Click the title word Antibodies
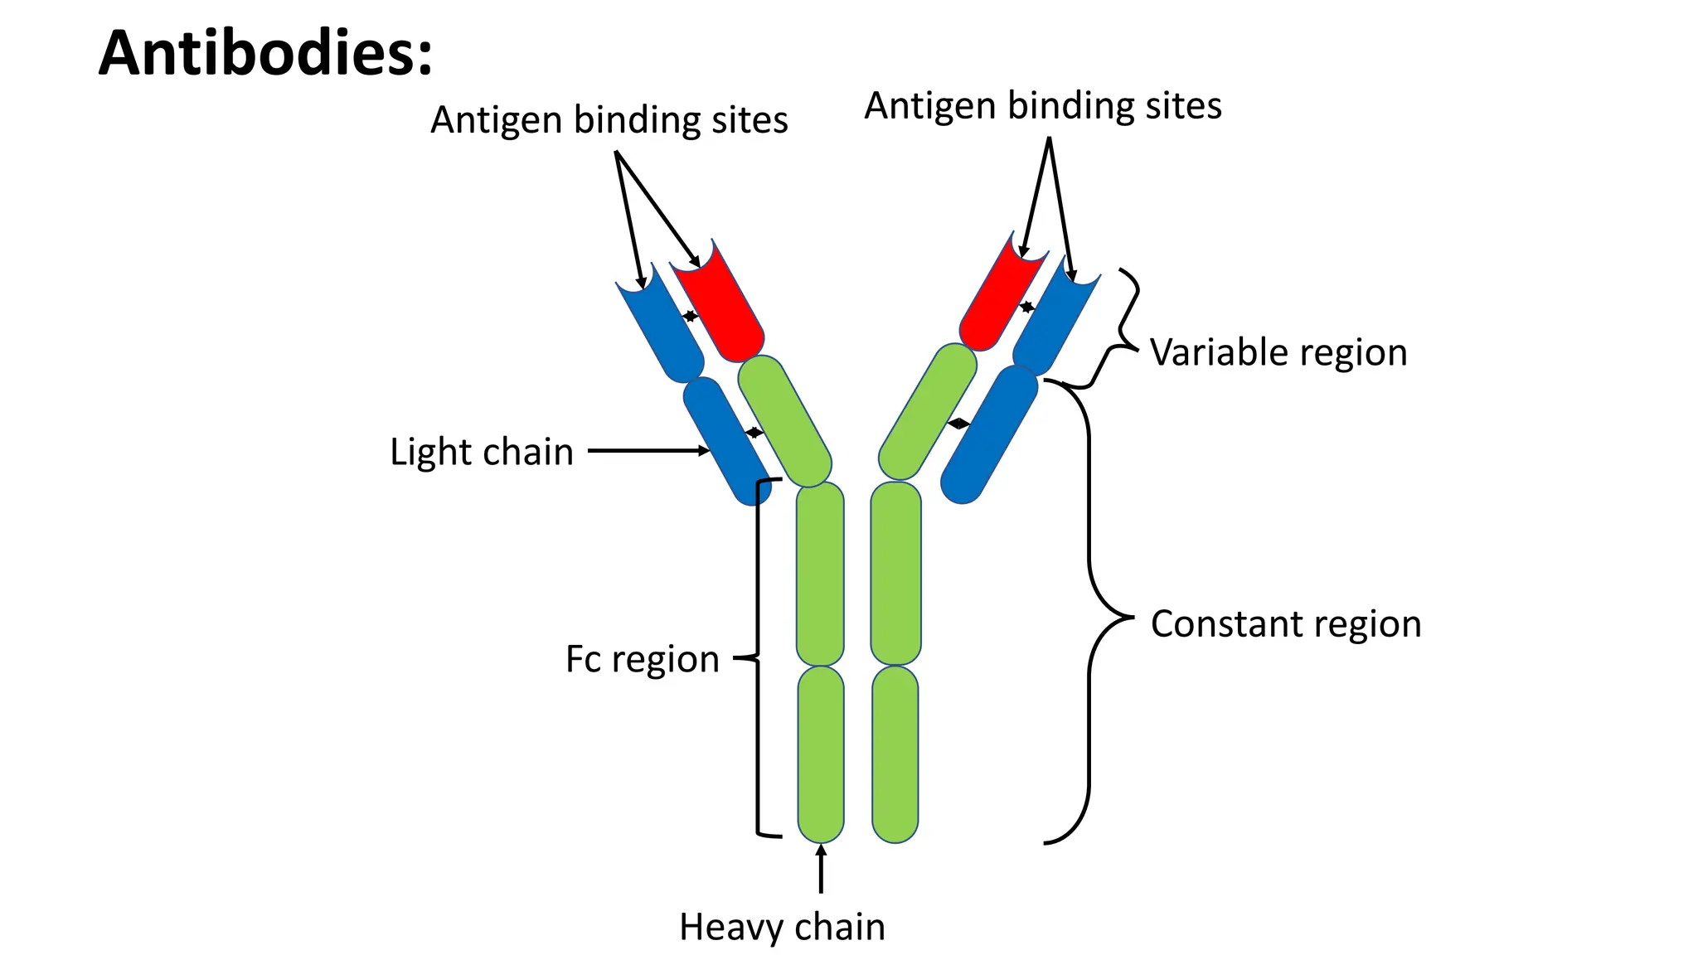click(265, 53)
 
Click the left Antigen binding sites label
click(609, 120)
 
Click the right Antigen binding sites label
click(1043, 106)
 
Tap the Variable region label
click(1278, 352)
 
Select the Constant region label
click(1285, 623)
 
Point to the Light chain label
click(482, 452)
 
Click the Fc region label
click(642, 659)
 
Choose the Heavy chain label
click(782, 926)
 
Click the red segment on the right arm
click(999, 298)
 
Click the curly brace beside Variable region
click(1119, 332)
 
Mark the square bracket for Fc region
click(758, 659)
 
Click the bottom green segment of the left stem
click(821, 754)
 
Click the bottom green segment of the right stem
click(895, 754)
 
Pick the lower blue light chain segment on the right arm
click(989, 435)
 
